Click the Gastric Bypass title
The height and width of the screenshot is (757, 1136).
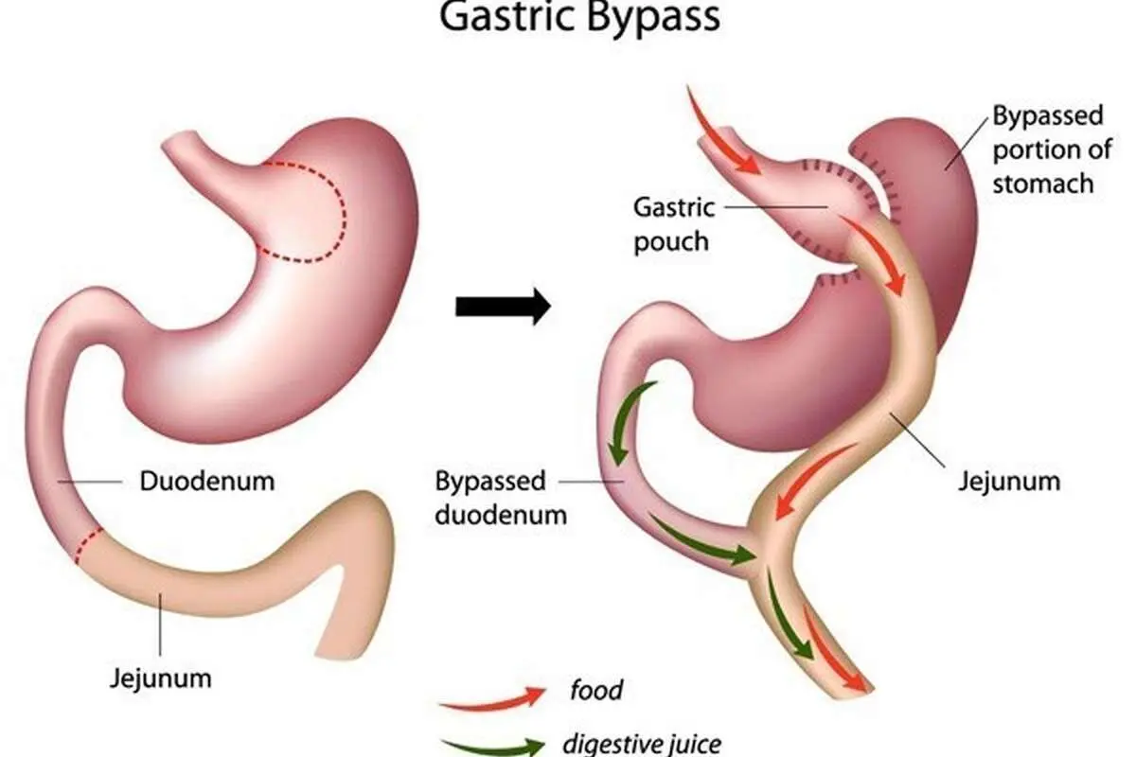pyautogui.click(x=579, y=18)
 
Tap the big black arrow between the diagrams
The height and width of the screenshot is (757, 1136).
pyautogui.click(x=503, y=307)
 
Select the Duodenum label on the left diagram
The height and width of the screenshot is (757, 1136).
pyautogui.click(x=207, y=482)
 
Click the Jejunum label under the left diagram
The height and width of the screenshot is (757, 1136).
pyautogui.click(x=161, y=678)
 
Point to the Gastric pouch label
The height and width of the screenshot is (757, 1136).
pyautogui.click(x=673, y=224)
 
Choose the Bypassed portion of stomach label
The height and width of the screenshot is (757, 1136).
pyautogui.click(x=1052, y=150)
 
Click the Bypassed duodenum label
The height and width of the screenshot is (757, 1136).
pyautogui.click(x=501, y=498)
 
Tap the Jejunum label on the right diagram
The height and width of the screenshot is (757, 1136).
pyautogui.click(x=1009, y=482)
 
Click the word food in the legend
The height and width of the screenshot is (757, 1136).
pyautogui.click(x=596, y=690)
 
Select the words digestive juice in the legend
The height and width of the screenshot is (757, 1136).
pyautogui.click(x=642, y=744)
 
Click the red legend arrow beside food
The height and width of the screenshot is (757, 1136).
pyautogui.click(x=492, y=699)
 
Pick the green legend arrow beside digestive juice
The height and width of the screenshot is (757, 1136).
pyautogui.click(x=492, y=747)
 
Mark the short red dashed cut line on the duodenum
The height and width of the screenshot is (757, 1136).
pyautogui.click(x=88, y=545)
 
